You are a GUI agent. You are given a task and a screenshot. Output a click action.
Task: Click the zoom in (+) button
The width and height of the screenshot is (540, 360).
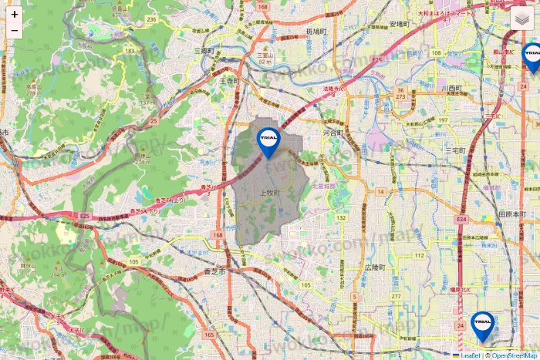pos(14,14)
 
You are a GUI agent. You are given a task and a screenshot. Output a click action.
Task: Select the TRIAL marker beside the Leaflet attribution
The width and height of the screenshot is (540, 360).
pos(483,326)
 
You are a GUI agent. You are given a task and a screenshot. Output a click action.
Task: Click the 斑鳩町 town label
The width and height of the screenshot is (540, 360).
pos(317,32)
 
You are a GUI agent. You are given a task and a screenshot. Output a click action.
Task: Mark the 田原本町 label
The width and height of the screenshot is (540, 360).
pos(511,214)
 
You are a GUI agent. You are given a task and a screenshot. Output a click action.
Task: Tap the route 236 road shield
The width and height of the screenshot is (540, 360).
pos(152,19)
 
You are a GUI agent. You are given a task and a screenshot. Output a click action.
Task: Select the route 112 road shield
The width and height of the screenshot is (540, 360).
pos(420,255)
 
